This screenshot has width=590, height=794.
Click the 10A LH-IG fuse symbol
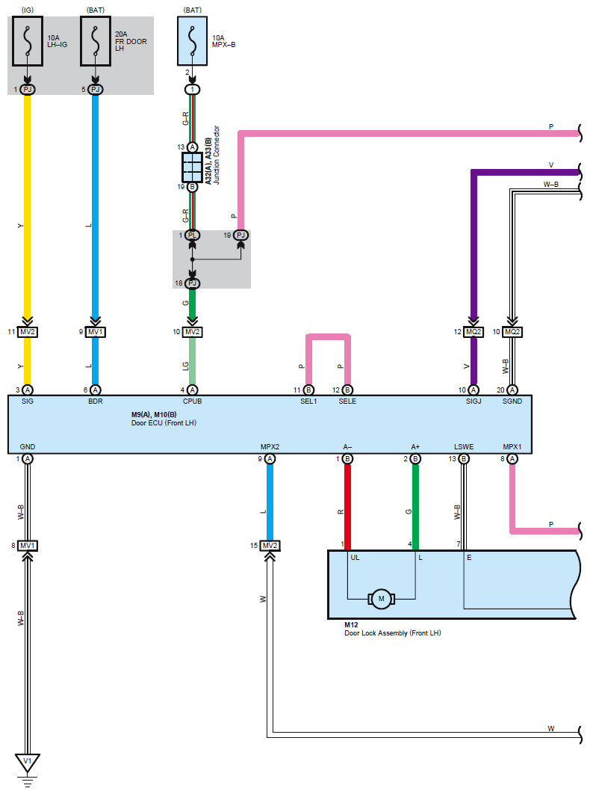(28, 41)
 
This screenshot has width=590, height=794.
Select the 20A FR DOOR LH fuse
(95, 41)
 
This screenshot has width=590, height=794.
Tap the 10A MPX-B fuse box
(192, 41)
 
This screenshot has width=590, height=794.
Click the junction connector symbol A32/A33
(192, 167)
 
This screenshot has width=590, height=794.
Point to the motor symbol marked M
(381, 599)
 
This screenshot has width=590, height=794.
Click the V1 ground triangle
(28, 762)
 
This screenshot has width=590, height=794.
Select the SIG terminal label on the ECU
(28, 401)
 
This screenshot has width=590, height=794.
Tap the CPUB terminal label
(192, 401)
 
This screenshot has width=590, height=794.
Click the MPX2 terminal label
(270, 446)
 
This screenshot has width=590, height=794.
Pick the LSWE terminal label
(464, 446)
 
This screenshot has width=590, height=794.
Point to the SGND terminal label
(512, 401)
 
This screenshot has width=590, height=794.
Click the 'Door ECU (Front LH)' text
(164, 423)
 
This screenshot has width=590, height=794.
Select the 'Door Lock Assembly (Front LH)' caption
(393, 633)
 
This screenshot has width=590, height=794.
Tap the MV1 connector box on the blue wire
(95, 332)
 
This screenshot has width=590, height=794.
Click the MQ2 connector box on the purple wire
(473, 332)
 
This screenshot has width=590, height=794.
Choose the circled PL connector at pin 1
(192, 235)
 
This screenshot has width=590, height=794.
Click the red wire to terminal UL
(347, 507)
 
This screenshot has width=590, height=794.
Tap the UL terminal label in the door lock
(355, 558)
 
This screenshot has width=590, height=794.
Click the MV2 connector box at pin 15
(270, 545)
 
